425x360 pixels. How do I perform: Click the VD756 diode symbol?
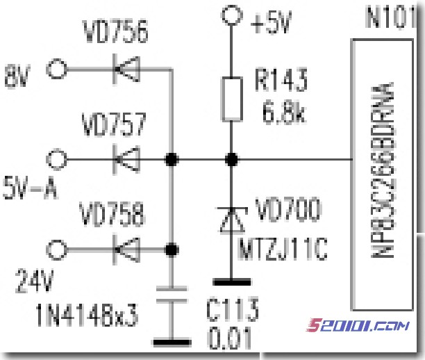tap(126, 69)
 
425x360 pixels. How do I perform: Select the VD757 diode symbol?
tap(126, 160)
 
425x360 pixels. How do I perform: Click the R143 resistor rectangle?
tap(231, 99)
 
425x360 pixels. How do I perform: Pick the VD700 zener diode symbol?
tap(231, 220)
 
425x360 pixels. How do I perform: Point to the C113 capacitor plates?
tap(171, 295)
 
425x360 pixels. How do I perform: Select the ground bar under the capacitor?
tap(171, 342)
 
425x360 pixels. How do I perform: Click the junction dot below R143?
tap(231, 160)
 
